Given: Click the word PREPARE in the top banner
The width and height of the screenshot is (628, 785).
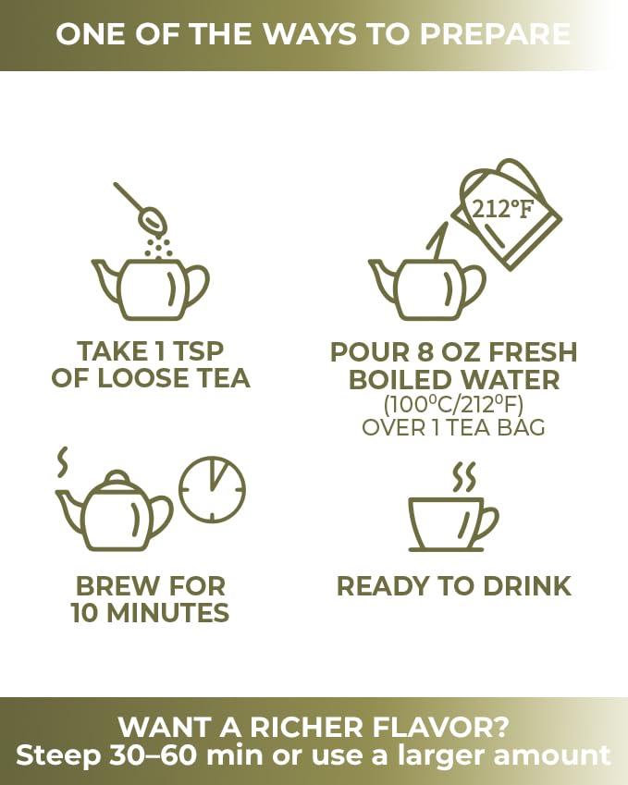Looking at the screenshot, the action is point(495,34).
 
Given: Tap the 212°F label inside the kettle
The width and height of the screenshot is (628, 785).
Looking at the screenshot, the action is point(503,208).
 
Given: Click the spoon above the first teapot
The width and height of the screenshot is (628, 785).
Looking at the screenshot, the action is point(142,208).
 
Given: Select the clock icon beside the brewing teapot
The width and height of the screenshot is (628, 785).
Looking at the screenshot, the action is point(213,489).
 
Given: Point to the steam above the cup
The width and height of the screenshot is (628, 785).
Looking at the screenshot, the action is point(464,476).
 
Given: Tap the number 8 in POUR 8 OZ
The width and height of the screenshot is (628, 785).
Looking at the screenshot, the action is point(425,352).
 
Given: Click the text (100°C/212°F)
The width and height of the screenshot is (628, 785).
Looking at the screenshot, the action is point(454,404).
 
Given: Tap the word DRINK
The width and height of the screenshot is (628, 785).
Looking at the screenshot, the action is point(527,586).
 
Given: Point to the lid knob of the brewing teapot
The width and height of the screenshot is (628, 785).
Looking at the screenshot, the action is point(117,475).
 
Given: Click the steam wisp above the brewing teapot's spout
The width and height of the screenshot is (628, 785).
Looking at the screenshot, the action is point(63,462).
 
